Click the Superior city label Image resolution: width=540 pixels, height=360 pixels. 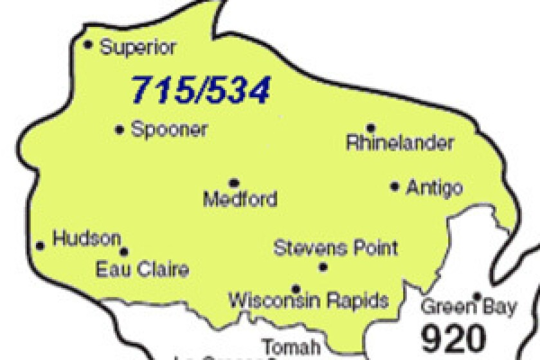(138, 48)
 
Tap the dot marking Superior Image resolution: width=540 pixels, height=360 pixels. (89, 44)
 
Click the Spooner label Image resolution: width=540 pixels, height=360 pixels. (169, 129)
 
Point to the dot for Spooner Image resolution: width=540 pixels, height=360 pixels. (120, 129)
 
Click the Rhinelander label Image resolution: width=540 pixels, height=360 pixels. (399, 143)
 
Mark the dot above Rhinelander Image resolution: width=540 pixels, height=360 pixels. (371, 127)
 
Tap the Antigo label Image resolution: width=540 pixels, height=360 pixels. (434, 188)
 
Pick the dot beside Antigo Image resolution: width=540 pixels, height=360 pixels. (395, 186)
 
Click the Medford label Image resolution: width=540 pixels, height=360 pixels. (240, 199)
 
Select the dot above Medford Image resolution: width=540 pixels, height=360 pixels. (234, 183)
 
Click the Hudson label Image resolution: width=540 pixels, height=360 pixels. (86, 239)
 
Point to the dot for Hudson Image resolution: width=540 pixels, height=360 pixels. (40, 245)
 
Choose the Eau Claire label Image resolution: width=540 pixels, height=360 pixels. (142, 269)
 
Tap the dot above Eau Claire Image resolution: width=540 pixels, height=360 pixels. (124, 252)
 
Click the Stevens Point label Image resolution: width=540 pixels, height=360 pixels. (336, 248)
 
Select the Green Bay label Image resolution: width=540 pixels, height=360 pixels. (467, 307)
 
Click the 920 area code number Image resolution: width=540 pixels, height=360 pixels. (453, 336)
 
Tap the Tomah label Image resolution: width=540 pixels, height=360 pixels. (290, 347)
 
